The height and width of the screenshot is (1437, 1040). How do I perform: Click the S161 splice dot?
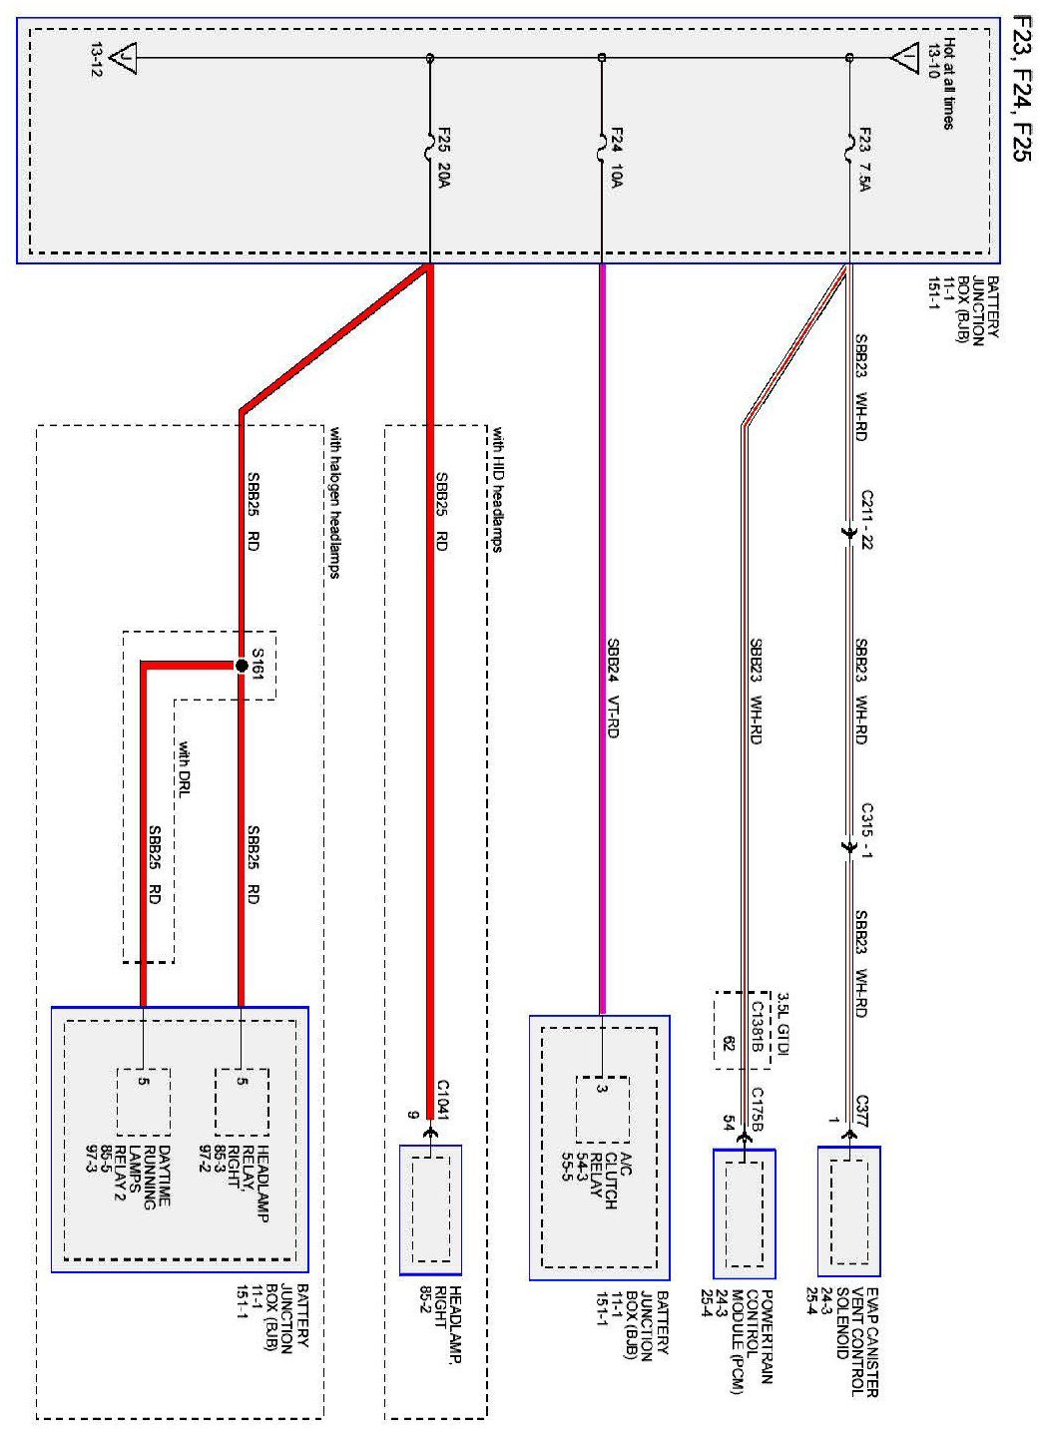click(x=241, y=665)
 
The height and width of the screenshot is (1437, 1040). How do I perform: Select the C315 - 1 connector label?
click(x=866, y=832)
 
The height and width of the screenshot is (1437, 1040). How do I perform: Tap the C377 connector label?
click(x=864, y=1110)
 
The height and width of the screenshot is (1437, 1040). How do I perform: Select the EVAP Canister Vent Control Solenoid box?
click(x=848, y=1210)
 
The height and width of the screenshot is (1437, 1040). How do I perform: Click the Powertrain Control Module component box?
click(x=745, y=1212)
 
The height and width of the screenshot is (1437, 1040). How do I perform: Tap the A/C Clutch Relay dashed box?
click(x=602, y=1109)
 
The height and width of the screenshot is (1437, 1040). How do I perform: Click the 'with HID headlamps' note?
click(x=496, y=489)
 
